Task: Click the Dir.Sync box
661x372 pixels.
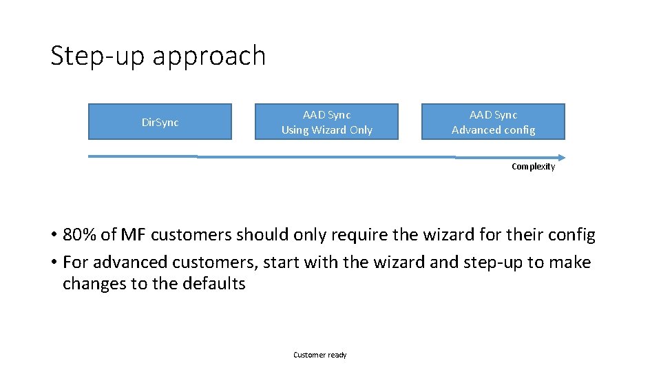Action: (160, 122)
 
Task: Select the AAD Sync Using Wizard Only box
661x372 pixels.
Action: (326, 122)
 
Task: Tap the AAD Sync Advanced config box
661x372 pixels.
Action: (493, 122)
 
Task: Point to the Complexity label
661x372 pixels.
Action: (533, 167)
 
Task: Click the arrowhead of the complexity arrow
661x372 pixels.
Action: (560, 156)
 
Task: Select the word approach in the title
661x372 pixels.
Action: (209, 57)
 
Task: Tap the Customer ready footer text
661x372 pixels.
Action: (320, 355)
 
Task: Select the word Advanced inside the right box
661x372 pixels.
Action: (474, 130)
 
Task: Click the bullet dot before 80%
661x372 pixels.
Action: (54, 236)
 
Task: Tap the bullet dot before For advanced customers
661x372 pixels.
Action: (54, 263)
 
